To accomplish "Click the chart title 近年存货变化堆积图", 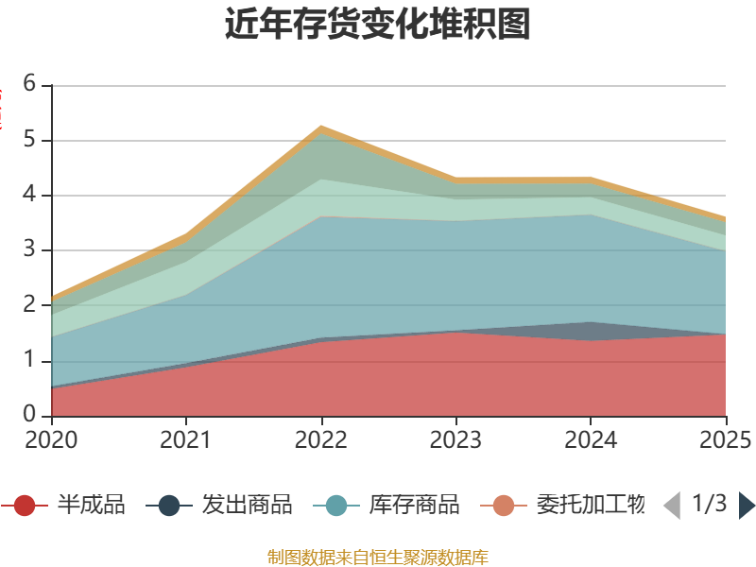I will pos(377,25).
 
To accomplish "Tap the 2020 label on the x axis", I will pos(52,439).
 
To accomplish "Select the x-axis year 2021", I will pos(186,439).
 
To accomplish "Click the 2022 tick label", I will pos(321,439).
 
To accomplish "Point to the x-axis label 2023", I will pos(456,439).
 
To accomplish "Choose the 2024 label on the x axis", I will pos(591,439).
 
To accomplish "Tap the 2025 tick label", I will pos(724,439).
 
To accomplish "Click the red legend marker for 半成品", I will pos(25,506).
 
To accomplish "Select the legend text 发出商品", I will pos(247,505).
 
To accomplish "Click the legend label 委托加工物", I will pos(590,505).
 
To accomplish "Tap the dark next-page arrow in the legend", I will pos(747,506).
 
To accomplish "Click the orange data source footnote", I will pos(377,557).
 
